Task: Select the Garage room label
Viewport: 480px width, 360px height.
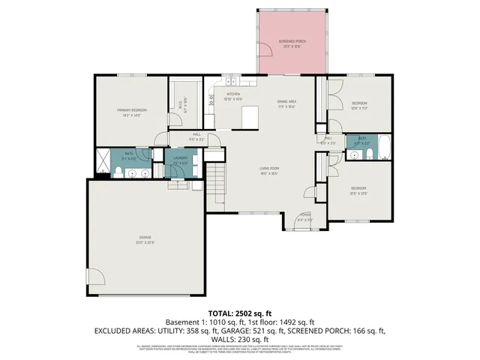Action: click(x=145, y=238)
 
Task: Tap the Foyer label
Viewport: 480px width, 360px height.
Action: click(x=304, y=219)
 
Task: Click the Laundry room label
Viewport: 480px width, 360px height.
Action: click(x=180, y=159)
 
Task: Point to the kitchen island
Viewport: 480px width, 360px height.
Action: click(x=250, y=116)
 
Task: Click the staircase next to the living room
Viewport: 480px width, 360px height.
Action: click(x=216, y=183)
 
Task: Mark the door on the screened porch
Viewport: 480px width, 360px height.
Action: click(x=265, y=67)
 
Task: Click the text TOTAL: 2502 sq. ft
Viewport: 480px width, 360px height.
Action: click(x=239, y=311)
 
